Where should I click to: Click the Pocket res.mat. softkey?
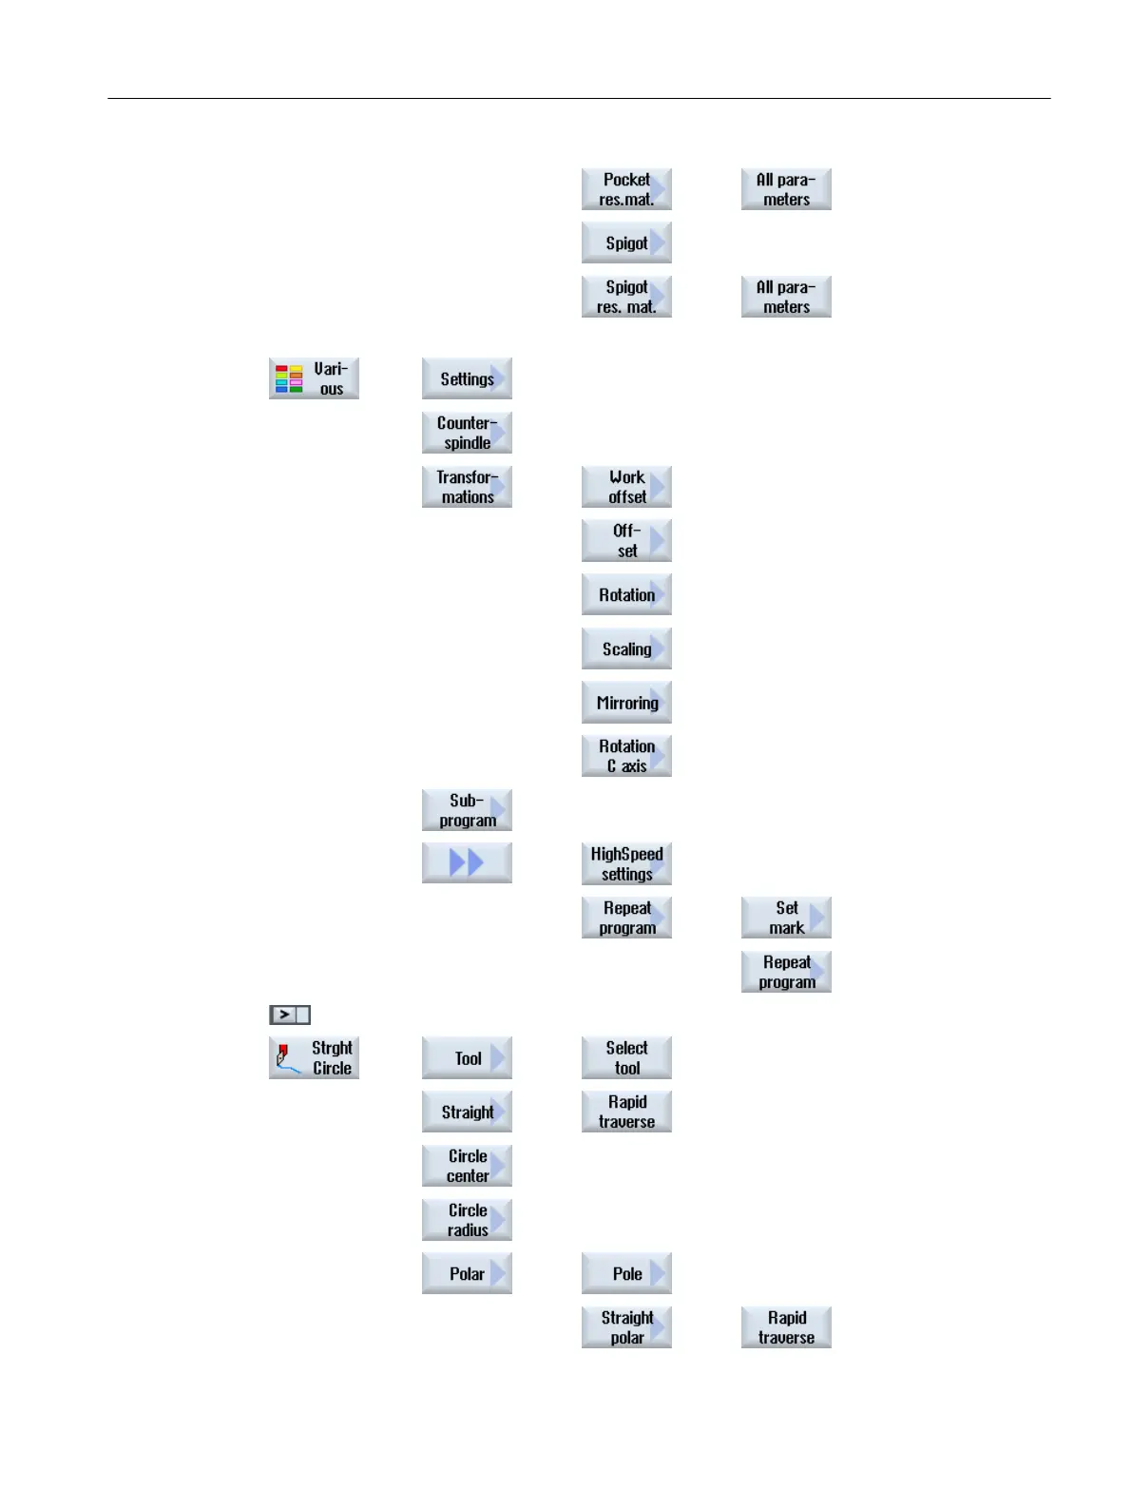626,189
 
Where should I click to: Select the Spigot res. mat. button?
626,297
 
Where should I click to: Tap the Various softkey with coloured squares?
314,378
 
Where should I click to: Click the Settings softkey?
467,378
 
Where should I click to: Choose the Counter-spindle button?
467,433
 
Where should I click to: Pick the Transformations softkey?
467,487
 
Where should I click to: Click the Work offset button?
626,487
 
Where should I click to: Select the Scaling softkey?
626,648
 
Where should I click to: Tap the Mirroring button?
626,703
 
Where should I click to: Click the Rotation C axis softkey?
626,756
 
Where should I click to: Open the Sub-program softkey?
467,810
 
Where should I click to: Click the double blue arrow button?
467,863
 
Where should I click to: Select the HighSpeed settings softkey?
626,863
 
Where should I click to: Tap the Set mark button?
786,918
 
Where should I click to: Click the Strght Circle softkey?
314,1057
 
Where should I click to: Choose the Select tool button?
626,1057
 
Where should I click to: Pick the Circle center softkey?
467,1166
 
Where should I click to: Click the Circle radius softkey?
467,1220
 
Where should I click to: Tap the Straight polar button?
626,1327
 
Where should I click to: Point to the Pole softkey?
626,1273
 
